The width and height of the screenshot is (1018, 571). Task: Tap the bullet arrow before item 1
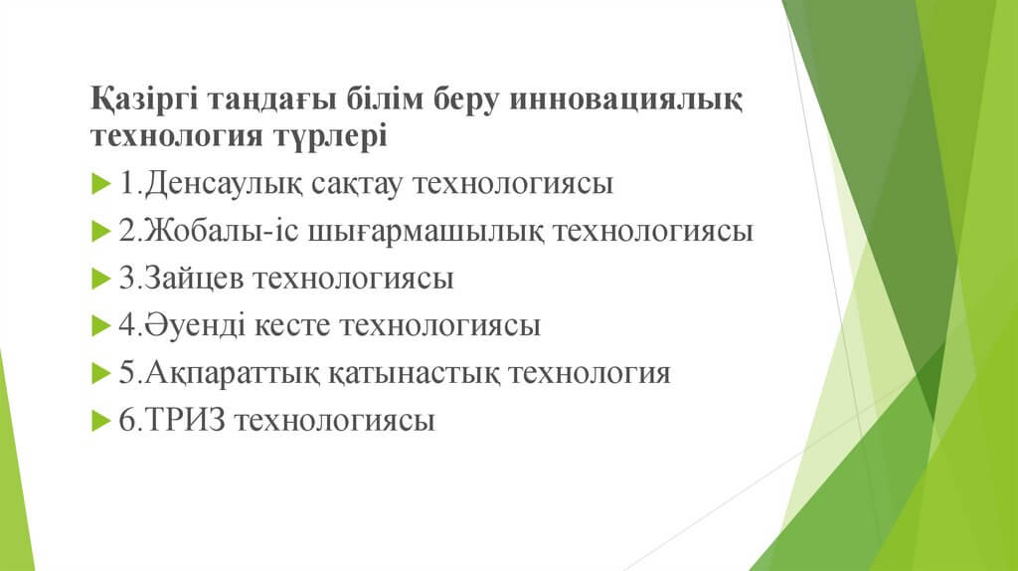coord(101,184)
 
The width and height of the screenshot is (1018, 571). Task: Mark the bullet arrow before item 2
coord(101,231)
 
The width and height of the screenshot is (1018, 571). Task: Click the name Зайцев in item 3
coord(194,278)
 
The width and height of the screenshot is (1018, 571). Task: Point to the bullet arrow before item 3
coord(101,279)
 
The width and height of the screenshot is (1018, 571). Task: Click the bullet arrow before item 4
coord(101,325)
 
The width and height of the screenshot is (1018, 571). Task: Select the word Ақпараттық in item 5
coord(232,373)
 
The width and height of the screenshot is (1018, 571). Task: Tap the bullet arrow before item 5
coord(101,373)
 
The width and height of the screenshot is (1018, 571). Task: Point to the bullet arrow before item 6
coord(101,421)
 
